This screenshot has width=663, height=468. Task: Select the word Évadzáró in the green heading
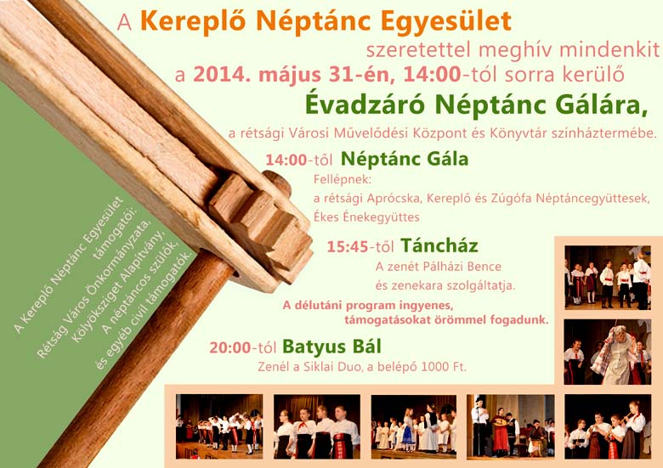coord(365,104)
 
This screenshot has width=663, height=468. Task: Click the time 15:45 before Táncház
coord(348,246)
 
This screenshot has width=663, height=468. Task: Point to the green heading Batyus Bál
coord(331,347)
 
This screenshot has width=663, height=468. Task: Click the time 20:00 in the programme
coord(230,347)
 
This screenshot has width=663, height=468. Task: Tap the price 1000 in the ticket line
coord(436,367)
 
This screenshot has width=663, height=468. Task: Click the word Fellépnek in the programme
coord(342,180)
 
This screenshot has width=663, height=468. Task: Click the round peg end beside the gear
coord(277,183)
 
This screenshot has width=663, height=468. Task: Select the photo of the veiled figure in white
coord(607,352)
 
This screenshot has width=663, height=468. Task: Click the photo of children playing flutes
coord(608,426)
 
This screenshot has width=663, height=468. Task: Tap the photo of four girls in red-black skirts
coord(317,426)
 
